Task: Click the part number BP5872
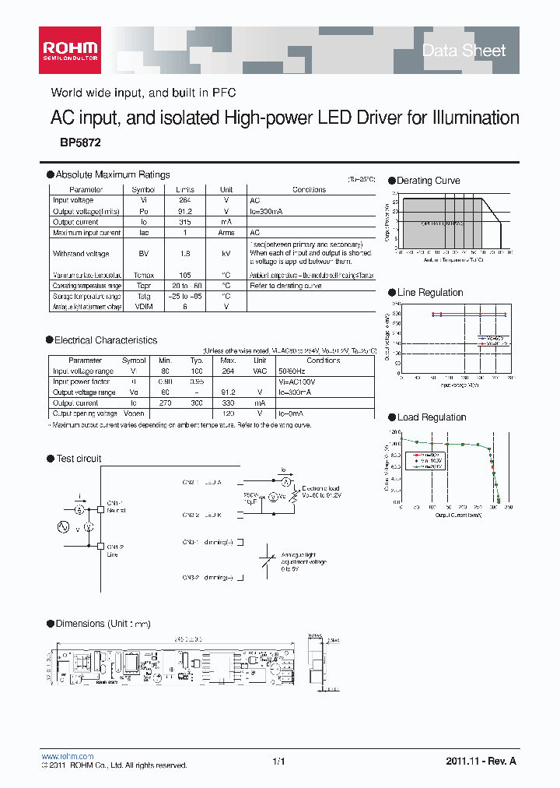coord(80,143)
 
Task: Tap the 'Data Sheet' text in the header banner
coord(464,51)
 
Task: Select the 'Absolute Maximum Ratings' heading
coord(113,175)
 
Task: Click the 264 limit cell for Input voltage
coord(184,200)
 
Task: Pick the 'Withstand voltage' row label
coord(81,254)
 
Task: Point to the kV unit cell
coord(226,254)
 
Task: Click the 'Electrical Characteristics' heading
coord(106,340)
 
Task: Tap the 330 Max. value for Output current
coord(227,403)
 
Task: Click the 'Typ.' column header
coord(196,361)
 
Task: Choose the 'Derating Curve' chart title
coord(429,181)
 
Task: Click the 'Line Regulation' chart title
coord(430,293)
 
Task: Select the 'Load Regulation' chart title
coord(432,417)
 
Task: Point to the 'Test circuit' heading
coord(79,459)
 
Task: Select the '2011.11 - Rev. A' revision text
coord(481,761)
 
